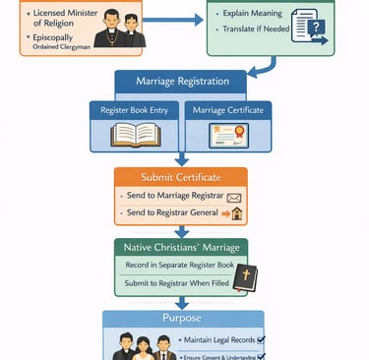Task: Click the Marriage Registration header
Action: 183,81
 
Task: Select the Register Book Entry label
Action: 136,110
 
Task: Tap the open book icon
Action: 136,135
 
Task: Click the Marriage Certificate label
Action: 228,110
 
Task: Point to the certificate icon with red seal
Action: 229,135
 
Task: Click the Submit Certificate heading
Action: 180,177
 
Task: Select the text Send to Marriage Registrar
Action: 174,197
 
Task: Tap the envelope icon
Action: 234,198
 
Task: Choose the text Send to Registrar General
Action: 172,213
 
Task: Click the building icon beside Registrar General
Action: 236,213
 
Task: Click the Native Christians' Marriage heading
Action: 180,247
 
